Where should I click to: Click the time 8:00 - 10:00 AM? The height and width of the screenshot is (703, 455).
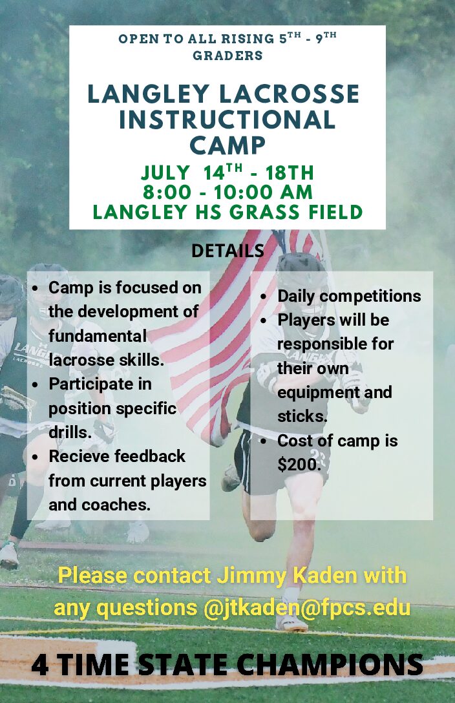[x=228, y=192]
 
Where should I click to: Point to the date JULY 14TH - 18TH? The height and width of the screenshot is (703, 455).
[x=228, y=173]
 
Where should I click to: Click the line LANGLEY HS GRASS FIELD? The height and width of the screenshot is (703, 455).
[x=228, y=212]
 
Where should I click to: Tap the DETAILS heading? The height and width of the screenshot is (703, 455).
[x=228, y=251]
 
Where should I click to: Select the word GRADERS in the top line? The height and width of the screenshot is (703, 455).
[x=228, y=56]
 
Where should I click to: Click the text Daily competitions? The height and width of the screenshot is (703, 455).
[x=349, y=296]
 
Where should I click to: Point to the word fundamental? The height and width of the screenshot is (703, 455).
[x=97, y=336]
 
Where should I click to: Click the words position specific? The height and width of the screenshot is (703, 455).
[x=112, y=408]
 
